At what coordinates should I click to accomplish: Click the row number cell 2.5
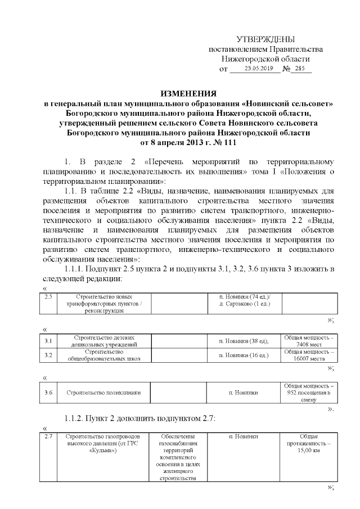coord(48,296)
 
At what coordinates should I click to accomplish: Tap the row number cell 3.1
coord(48,341)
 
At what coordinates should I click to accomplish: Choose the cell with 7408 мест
coord(309,341)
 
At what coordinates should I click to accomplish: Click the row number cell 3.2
coord(48,355)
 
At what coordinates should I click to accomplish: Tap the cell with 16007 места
coord(309,355)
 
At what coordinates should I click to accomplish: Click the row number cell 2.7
coord(48,436)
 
